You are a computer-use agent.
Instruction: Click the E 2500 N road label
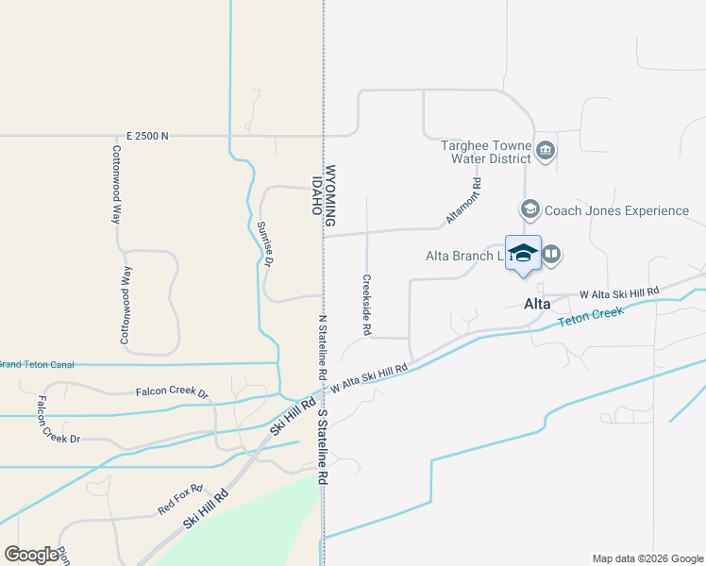(146, 136)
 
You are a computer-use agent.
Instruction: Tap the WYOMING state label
(330, 197)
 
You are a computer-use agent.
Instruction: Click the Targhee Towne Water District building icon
(546, 151)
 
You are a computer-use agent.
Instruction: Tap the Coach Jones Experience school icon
(529, 209)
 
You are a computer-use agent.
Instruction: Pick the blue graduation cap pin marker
(523, 254)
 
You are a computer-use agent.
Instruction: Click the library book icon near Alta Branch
(552, 254)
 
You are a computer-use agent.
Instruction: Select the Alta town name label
(537, 304)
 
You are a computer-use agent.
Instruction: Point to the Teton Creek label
(590, 321)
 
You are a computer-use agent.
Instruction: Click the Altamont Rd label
(464, 202)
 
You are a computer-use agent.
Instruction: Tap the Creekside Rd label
(366, 305)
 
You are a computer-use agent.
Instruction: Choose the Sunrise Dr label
(264, 244)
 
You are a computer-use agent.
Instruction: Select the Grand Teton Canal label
(37, 364)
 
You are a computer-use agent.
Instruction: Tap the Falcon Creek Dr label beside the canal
(171, 391)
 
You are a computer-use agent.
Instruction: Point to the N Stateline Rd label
(323, 347)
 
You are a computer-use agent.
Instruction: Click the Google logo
(31, 555)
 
